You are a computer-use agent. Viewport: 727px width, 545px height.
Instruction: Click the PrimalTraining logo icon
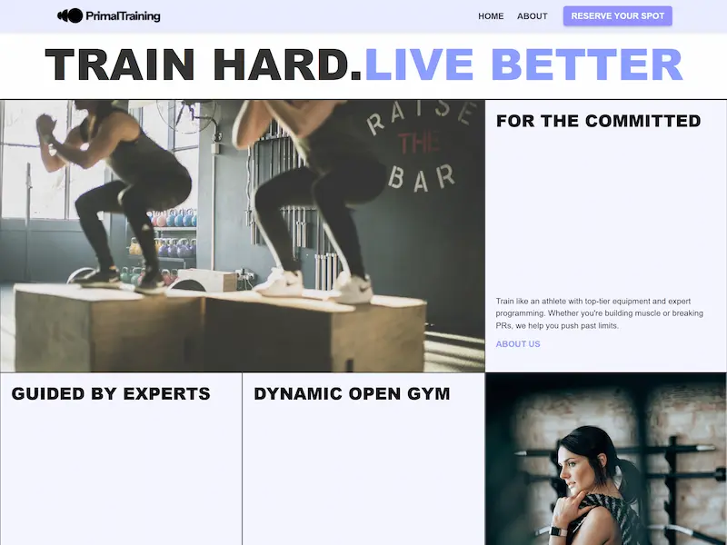[x=70, y=15]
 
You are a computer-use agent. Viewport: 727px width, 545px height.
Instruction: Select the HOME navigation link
[x=491, y=16]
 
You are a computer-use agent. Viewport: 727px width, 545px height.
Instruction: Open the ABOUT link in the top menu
[x=533, y=16]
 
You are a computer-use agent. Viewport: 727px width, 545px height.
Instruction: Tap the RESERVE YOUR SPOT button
[x=618, y=15]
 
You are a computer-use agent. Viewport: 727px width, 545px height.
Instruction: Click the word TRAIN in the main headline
[x=120, y=64]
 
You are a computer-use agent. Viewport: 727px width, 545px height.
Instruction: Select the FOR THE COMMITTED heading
[x=598, y=121]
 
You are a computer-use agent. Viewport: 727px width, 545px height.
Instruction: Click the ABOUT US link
[x=518, y=344]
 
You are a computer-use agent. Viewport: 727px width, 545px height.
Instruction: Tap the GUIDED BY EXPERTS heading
[x=111, y=393]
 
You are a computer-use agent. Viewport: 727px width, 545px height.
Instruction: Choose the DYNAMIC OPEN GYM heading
[x=352, y=393]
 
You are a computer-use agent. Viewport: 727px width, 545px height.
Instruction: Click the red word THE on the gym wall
[x=419, y=143]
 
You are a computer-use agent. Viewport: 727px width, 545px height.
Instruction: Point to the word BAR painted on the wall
[x=421, y=178]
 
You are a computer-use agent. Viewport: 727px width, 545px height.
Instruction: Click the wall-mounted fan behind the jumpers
[x=186, y=116]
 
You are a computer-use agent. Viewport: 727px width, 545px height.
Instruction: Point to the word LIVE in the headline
[x=419, y=64]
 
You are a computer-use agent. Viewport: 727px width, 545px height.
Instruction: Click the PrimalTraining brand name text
[x=123, y=16]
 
